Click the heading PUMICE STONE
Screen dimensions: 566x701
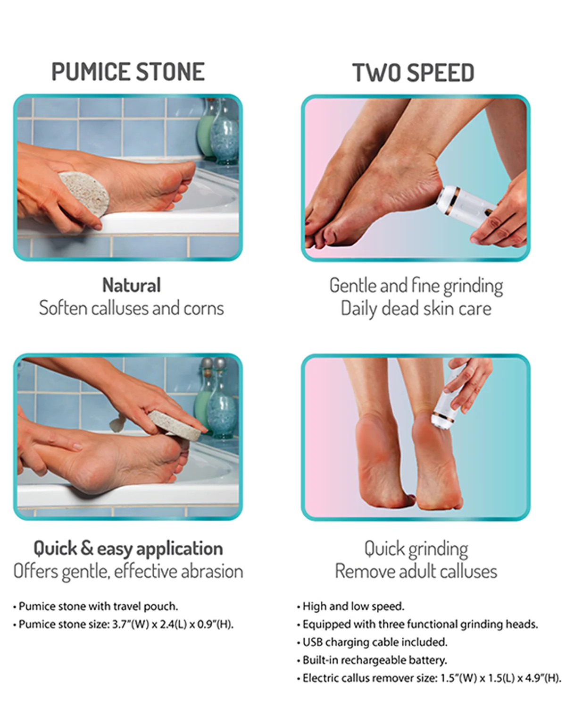[x=128, y=72]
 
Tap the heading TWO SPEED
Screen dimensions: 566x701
[x=413, y=73]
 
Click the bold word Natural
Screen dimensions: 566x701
[x=131, y=285]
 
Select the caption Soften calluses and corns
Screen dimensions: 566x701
[x=131, y=308]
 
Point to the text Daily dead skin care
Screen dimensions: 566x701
[x=416, y=309]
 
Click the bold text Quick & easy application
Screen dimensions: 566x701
[x=128, y=549]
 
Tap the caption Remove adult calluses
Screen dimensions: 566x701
[x=416, y=571]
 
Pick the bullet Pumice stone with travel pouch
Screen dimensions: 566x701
[x=96, y=606]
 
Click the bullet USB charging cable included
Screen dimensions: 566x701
[x=372, y=642]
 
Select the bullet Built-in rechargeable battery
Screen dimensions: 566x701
[x=372, y=660]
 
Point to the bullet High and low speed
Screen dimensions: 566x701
[x=350, y=606]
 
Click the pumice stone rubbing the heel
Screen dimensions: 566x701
[x=84, y=194]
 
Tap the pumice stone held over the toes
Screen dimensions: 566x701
[x=175, y=425]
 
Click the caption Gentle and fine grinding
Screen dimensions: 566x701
[x=416, y=286]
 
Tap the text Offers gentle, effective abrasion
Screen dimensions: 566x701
[x=128, y=572]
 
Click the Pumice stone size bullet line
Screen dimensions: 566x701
[x=123, y=625]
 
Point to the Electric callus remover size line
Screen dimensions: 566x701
[x=429, y=678]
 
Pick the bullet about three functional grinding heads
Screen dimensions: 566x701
[x=417, y=625]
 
